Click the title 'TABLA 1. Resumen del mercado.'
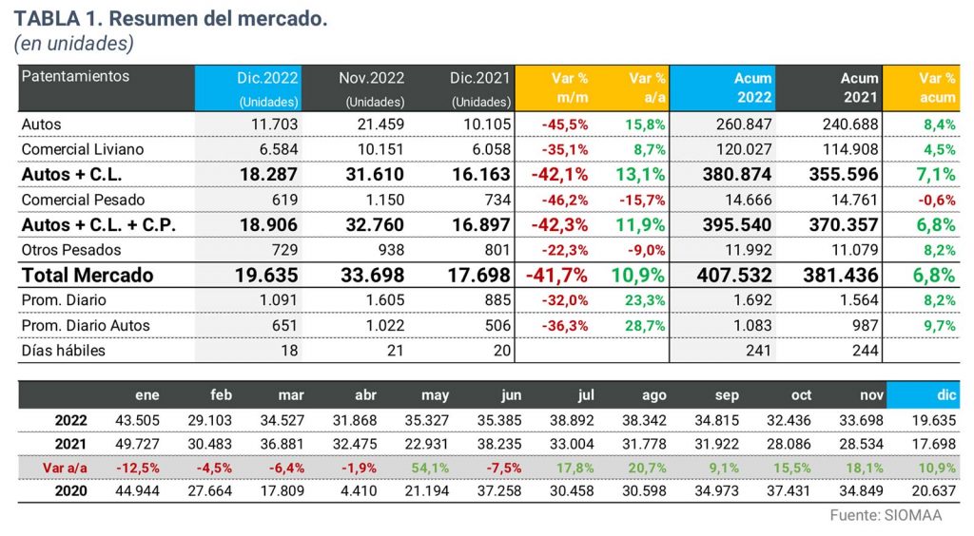170,19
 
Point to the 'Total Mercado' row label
88,276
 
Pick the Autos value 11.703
274,124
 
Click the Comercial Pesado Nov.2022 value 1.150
385,200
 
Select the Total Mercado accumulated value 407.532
729,276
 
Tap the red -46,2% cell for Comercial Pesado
563,200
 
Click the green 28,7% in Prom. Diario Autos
646,326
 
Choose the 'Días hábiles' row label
64,351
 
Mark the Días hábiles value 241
757,351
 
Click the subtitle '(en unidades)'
72,44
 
